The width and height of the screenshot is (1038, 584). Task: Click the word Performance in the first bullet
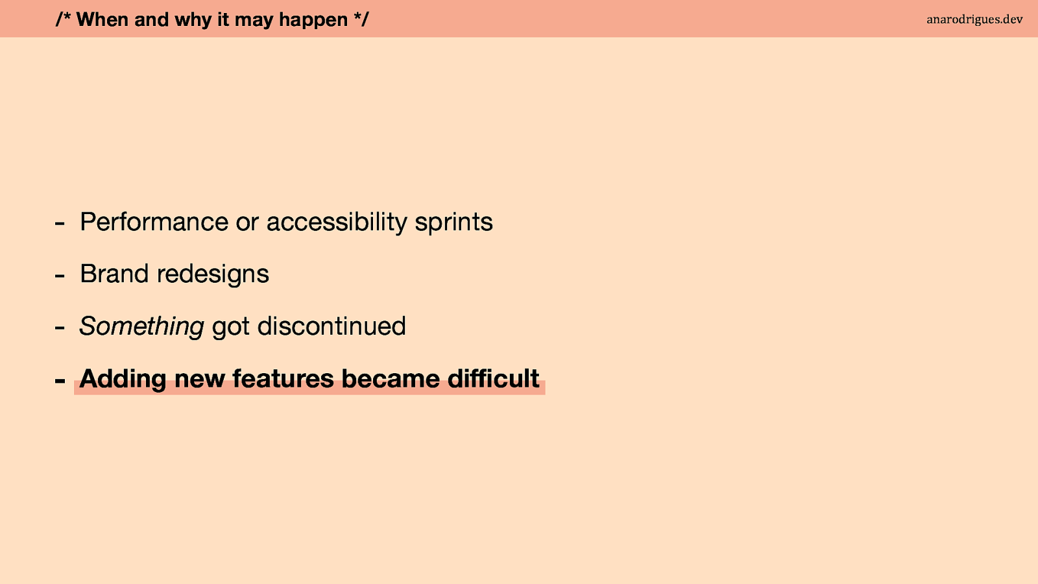(154, 221)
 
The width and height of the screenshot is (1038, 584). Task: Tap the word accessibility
(337, 223)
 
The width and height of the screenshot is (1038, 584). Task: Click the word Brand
(114, 273)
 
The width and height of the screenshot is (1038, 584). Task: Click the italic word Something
(141, 326)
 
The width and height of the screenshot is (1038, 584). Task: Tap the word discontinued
(332, 326)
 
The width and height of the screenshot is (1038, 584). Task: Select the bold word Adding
(123, 380)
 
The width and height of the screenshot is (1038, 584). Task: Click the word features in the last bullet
(283, 379)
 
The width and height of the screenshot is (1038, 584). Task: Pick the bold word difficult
(493, 378)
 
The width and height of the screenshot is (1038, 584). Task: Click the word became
(390, 379)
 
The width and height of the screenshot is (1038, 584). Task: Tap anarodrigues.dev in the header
(974, 19)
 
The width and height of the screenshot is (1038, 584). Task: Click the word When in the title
(102, 19)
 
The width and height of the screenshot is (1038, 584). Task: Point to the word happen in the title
(313, 20)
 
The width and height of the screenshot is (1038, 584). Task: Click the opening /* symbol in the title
(63, 19)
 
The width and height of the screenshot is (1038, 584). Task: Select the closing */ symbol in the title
(361, 19)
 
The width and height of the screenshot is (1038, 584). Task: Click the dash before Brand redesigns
(60, 276)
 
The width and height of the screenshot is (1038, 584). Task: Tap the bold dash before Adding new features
(60, 381)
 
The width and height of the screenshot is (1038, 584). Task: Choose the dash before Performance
(60, 224)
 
